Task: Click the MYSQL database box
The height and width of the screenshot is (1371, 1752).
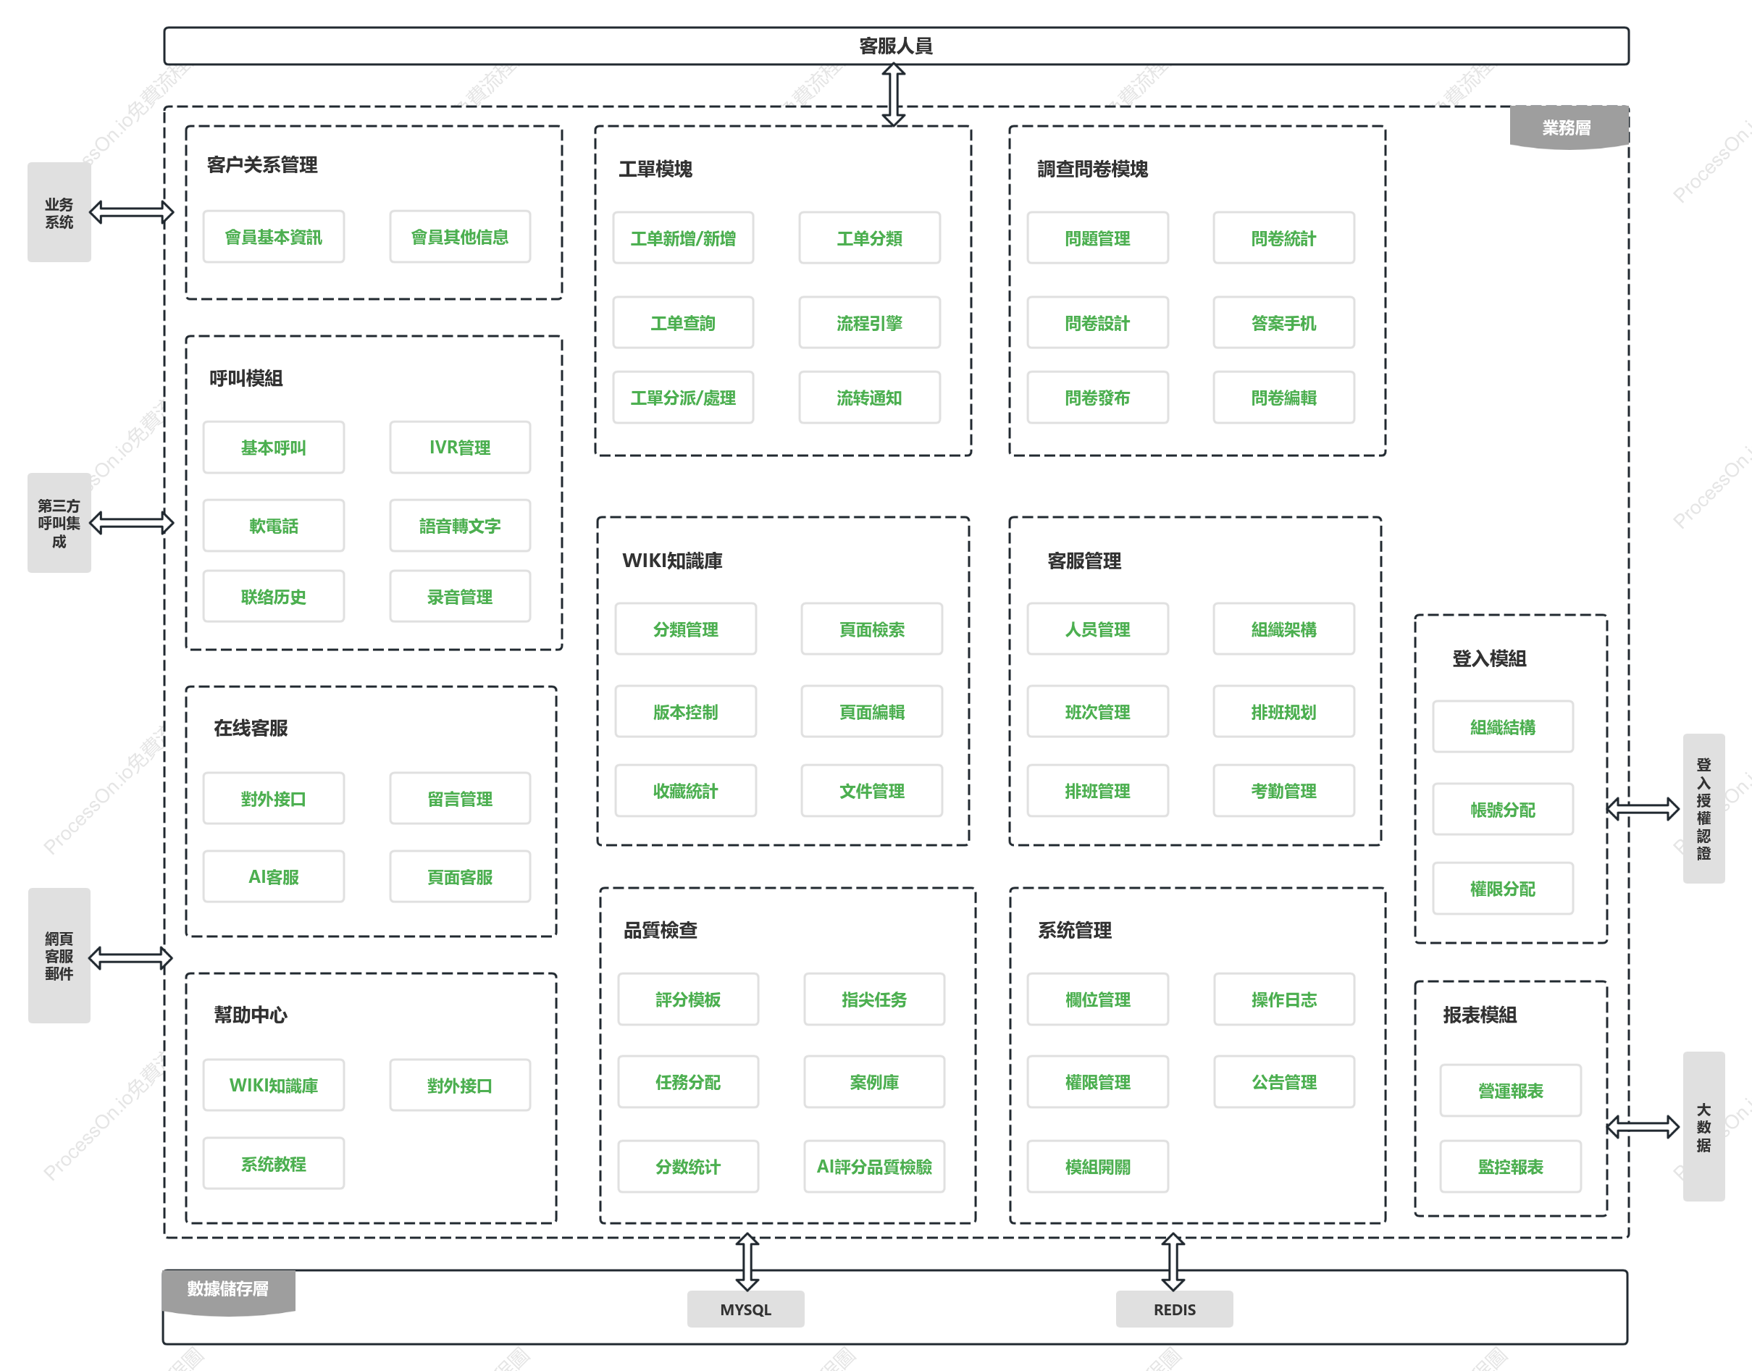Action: tap(745, 1309)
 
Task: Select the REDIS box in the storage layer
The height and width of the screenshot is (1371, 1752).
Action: tap(1174, 1309)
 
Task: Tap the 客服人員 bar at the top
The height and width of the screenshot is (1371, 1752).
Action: tap(896, 46)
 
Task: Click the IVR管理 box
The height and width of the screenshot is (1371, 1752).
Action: tap(460, 447)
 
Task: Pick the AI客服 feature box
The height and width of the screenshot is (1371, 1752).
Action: tap(274, 876)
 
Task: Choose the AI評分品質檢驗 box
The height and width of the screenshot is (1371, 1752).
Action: tap(874, 1166)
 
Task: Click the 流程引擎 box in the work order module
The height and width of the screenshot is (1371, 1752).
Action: tap(869, 323)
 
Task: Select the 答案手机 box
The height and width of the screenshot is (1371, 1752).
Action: tap(1283, 323)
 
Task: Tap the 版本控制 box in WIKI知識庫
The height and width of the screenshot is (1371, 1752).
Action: tap(685, 711)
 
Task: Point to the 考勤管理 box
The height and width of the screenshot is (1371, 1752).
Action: tap(1283, 791)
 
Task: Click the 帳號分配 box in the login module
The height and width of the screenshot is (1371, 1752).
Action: tap(1502, 809)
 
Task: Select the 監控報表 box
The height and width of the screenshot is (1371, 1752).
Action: tap(1510, 1166)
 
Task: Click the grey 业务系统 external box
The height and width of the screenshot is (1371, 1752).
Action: tap(59, 212)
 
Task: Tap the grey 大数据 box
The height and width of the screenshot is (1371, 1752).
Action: tap(1703, 1126)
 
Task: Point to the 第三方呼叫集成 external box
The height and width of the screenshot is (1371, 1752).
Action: tap(59, 523)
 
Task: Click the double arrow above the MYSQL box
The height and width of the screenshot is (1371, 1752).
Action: tap(747, 1262)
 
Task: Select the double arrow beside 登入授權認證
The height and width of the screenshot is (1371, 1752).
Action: tap(1643, 808)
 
